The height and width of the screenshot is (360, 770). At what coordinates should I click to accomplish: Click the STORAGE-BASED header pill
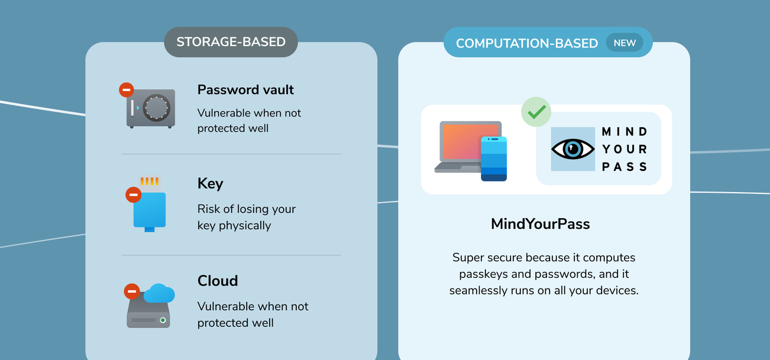[x=231, y=42]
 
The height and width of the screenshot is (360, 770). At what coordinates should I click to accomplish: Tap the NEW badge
[x=625, y=43]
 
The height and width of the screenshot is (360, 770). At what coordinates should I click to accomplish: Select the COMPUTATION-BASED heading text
[x=527, y=43]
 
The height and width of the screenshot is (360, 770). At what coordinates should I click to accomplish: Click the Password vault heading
[x=245, y=90]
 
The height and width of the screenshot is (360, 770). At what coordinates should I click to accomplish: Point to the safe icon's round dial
[x=156, y=108]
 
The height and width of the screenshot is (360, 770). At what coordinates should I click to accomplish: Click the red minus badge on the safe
[x=127, y=90]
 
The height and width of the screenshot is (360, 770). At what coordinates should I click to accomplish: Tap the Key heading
[x=210, y=184]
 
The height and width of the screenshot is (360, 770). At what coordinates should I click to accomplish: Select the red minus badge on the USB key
[x=134, y=194]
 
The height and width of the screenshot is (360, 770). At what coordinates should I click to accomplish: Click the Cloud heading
[x=218, y=281]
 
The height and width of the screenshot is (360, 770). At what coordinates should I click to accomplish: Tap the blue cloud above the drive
[x=159, y=293]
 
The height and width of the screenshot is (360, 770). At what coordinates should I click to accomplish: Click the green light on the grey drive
[x=163, y=320]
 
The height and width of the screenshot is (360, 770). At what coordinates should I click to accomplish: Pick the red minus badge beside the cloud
[x=132, y=291]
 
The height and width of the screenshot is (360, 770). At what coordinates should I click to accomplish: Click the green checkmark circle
[x=536, y=112]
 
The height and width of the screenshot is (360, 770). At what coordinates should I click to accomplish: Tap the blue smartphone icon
[x=494, y=158]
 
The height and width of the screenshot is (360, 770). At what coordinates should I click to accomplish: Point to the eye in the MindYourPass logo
[x=572, y=149]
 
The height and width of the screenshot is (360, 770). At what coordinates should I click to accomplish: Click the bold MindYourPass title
[x=541, y=224]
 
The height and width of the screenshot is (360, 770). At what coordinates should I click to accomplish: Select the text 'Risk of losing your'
[x=247, y=209]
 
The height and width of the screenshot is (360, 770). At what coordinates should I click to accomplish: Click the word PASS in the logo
[x=625, y=167]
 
